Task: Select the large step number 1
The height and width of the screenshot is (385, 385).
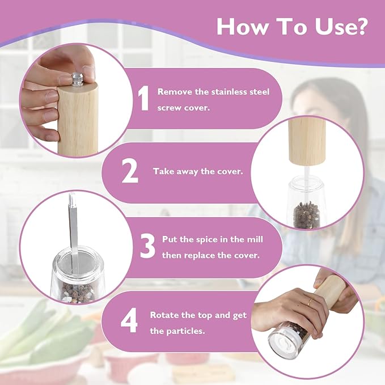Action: click(143, 99)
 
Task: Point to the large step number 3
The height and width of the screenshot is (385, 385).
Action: click(148, 246)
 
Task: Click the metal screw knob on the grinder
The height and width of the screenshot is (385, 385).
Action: click(77, 79)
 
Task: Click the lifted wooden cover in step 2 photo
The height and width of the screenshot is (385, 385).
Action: click(307, 141)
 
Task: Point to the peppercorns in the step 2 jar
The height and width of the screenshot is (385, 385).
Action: click(307, 215)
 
